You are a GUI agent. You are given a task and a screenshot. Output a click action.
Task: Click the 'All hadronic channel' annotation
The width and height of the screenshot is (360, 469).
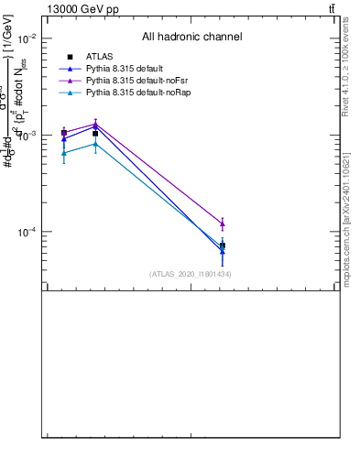pos(191,37)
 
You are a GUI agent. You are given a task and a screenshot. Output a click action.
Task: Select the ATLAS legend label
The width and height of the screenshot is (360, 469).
pos(99,57)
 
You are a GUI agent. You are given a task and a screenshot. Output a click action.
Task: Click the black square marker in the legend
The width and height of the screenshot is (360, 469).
pos(70,57)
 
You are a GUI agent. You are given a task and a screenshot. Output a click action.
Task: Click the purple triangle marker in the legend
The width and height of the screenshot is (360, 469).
pos(70,81)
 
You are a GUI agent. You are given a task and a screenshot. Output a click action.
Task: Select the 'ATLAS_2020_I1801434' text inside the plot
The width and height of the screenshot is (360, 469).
pos(191,274)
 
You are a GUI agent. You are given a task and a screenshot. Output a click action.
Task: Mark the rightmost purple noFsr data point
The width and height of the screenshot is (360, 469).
pos(223,224)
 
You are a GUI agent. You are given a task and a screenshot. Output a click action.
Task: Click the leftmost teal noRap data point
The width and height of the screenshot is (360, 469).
pos(63,153)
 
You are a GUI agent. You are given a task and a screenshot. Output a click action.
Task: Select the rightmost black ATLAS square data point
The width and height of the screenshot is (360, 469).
pos(223,245)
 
